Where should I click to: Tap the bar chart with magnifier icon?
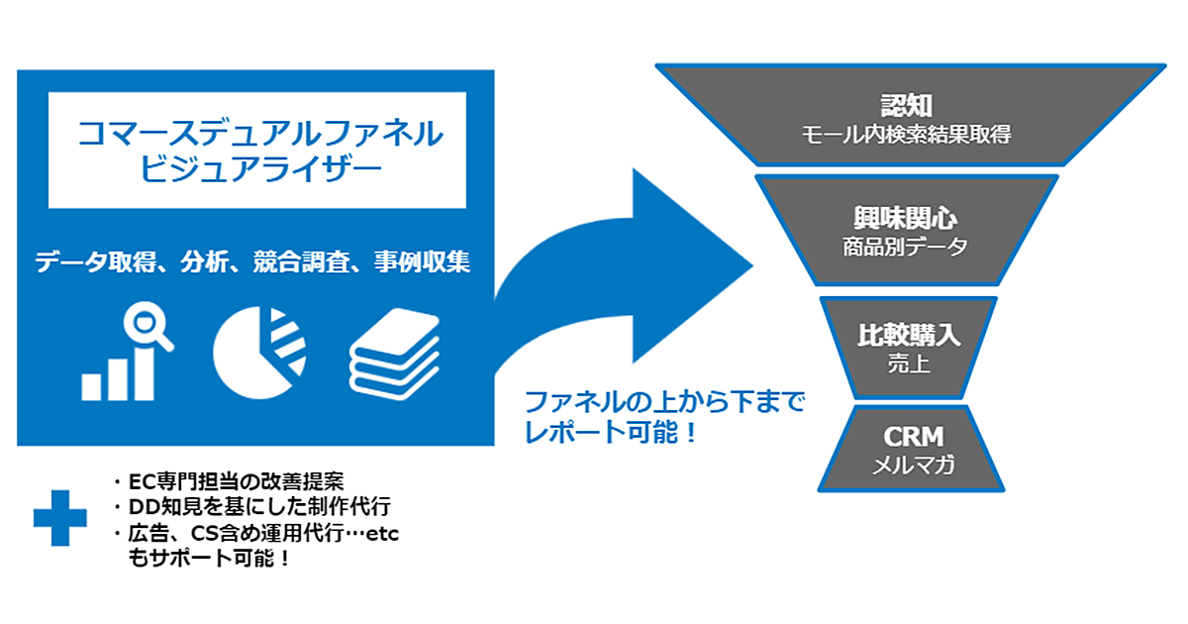(127, 354)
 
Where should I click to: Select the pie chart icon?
(259, 353)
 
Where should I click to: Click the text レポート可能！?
(611, 433)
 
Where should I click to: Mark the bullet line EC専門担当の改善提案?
(230, 482)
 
